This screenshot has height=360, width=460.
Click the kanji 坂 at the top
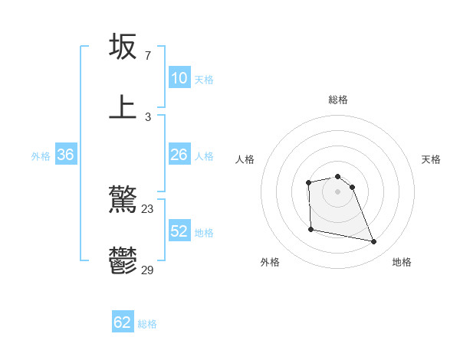click(123, 47)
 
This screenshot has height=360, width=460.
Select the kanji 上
click(123, 106)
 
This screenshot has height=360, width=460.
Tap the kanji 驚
click(123, 200)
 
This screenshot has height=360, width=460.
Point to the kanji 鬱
click(123, 260)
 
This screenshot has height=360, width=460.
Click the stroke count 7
click(147, 56)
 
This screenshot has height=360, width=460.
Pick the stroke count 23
click(148, 208)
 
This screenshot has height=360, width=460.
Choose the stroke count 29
click(148, 270)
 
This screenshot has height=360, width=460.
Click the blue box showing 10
click(179, 78)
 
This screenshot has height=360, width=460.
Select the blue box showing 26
click(179, 155)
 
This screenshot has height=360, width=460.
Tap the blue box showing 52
click(179, 231)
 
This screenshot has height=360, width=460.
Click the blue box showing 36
click(65, 155)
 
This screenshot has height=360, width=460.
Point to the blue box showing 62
click(123, 322)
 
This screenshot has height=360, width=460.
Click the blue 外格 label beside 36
click(41, 156)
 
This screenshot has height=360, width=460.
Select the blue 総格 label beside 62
click(147, 324)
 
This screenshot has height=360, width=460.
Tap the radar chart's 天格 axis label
click(432, 159)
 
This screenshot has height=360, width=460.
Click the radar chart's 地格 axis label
click(402, 262)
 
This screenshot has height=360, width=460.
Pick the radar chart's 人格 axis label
click(245, 159)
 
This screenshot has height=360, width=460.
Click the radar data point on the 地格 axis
click(374, 242)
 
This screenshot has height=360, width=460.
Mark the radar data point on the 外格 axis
click(310, 229)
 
